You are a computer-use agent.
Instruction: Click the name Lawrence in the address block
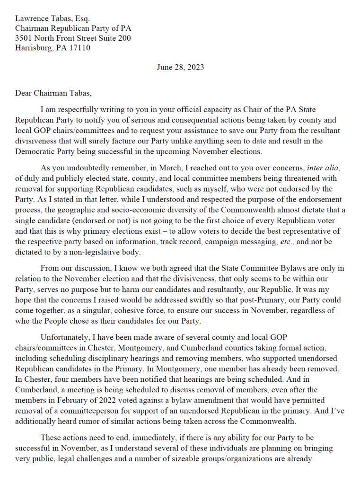(32, 19)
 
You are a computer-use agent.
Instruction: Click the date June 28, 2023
(180, 67)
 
